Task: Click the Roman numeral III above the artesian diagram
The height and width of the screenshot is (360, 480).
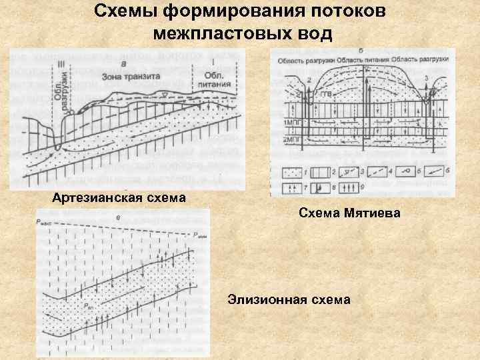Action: tap(62, 63)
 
